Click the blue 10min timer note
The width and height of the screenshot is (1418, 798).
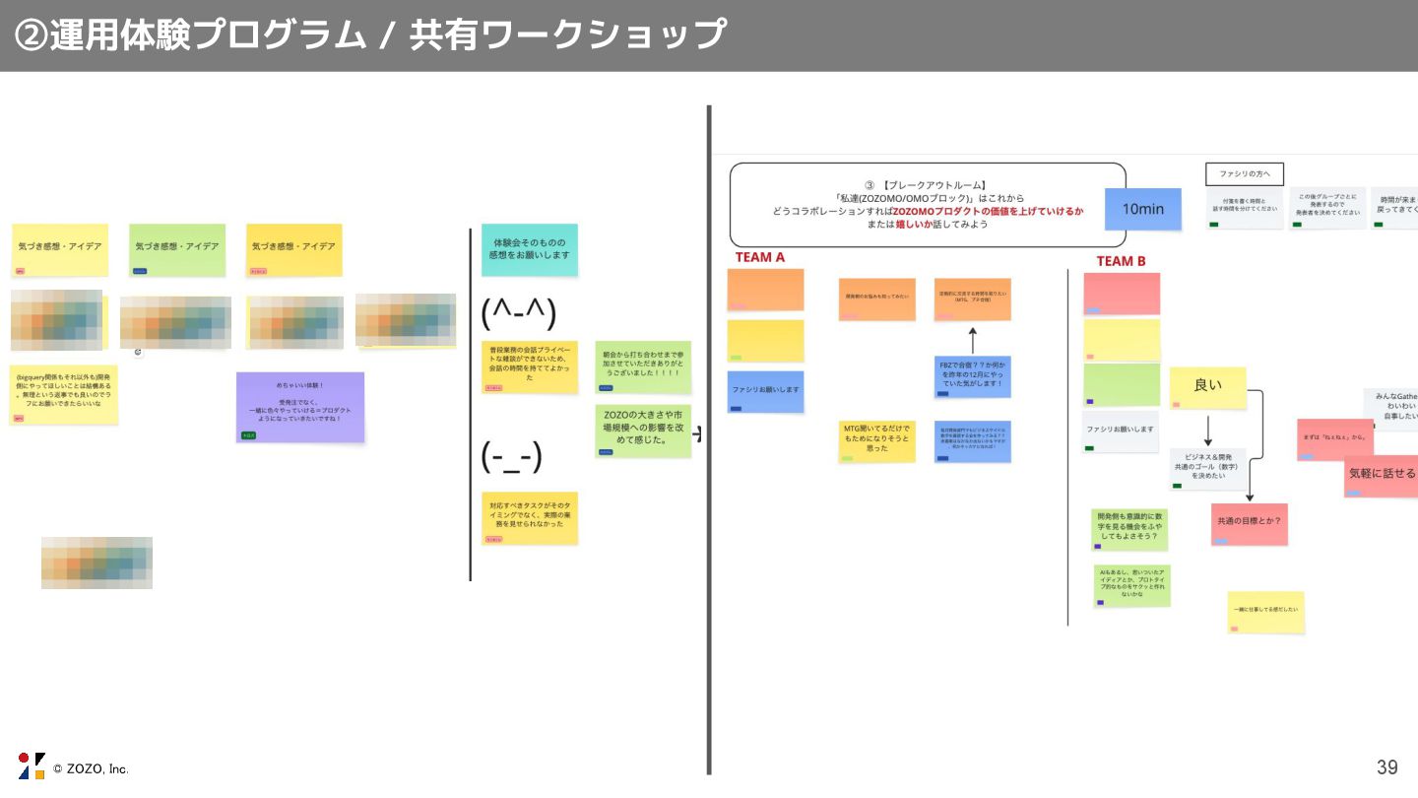coord(1142,209)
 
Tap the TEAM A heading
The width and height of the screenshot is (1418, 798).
coord(759,257)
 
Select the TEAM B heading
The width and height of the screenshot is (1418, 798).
coord(1121,261)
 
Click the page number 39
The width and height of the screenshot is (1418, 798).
coord(1386,767)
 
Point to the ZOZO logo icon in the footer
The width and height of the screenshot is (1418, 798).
coord(32,765)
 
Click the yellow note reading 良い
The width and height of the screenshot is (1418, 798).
coord(1207,387)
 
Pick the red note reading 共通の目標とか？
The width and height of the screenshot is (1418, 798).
coord(1249,523)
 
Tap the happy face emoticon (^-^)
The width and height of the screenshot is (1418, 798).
coord(519,313)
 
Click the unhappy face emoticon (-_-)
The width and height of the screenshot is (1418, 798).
coord(511,457)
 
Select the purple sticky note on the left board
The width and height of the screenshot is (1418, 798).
coord(300,407)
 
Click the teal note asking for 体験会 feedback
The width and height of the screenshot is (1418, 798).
coord(530,249)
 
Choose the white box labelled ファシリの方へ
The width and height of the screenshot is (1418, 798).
coord(1245,174)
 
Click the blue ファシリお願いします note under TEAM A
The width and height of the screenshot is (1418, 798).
coord(765,391)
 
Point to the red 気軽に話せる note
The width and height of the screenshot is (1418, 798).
coord(1381,475)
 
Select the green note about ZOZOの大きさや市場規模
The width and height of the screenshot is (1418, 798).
coord(643,431)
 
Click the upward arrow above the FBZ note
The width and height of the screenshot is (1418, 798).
coord(972,340)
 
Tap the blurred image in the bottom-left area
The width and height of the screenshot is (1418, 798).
coord(97,563)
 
